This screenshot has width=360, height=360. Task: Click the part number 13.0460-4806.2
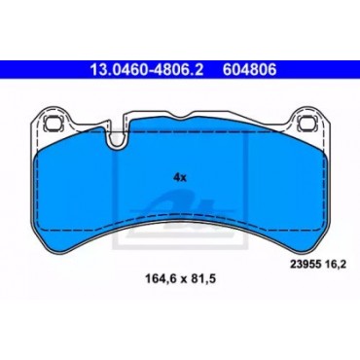[x=147, y=70]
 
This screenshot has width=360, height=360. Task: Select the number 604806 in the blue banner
[x=249, y=70]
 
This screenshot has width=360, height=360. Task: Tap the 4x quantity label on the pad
[x=180, y=177]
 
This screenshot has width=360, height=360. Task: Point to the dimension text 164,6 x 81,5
[x=181, y=278]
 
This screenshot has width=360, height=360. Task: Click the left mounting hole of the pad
[x=53, y=123]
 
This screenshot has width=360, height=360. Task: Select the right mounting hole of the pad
[x=306, y=123]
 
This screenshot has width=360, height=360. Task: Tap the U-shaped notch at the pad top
[x=117, y=136]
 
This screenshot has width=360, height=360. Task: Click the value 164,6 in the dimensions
[x=158, y=278]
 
